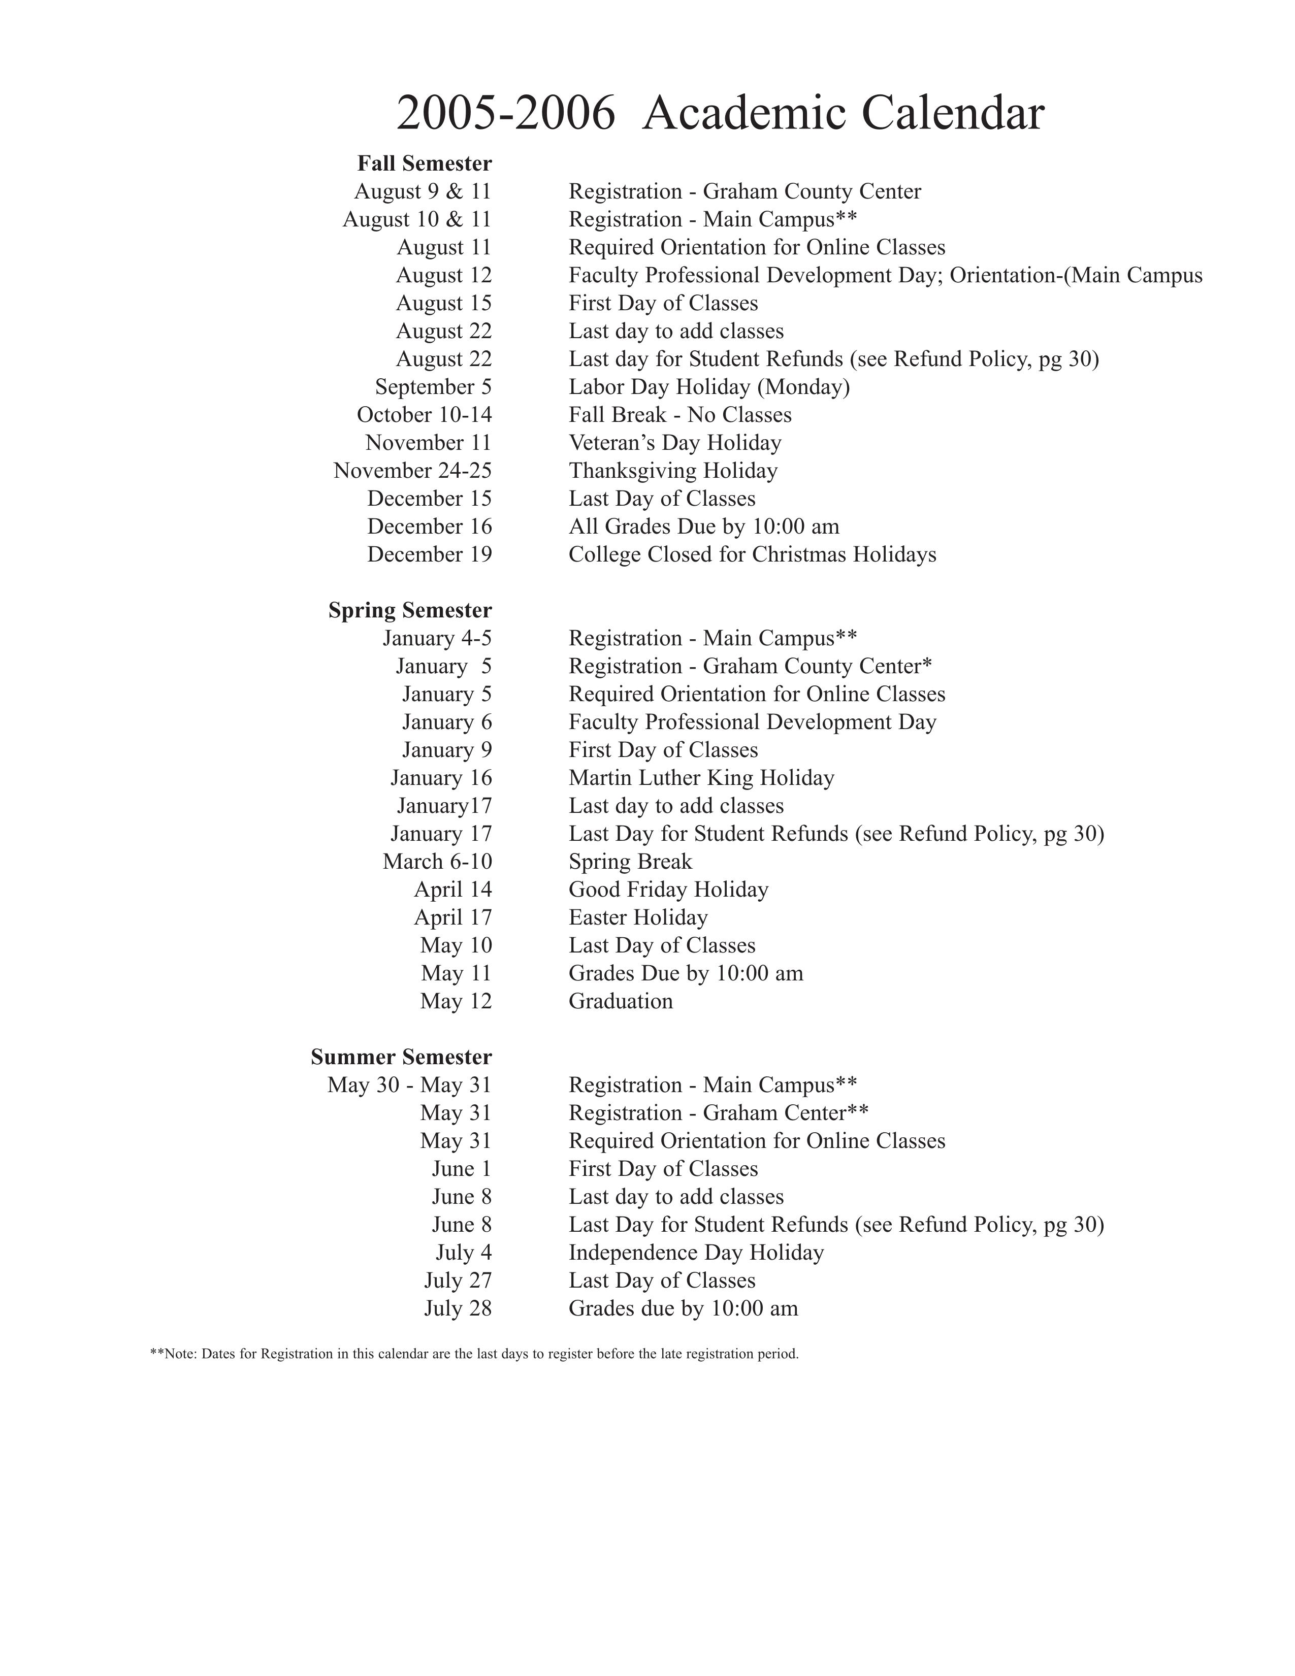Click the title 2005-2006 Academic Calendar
(719, 114)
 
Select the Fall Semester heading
(424, 163)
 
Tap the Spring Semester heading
(410, 610)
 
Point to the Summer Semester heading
(401, 1057)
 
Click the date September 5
(433, 387)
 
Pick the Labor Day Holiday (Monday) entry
(708, 387)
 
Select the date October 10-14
(424, 415)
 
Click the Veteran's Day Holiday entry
(675, 443)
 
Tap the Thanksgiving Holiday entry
(672, 471)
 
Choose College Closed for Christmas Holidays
(752, 554)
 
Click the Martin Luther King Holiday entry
(701, 778)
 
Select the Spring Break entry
(630, 862)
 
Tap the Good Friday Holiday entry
(668, 890)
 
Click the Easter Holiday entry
(638, 918)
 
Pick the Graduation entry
(620, 1001)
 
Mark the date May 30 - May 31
(409, 1085)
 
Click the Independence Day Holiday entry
(695, 1253)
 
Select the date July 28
(458, 1308)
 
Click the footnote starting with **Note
(474, 1354)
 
